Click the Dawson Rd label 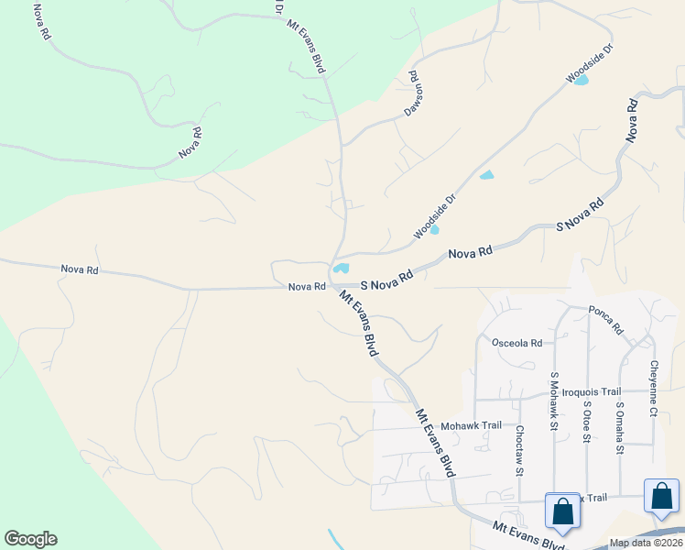coord(414,94)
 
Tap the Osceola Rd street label coord(517,343)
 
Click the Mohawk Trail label coord(471,425)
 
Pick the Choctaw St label coord(518,450)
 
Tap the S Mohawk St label coord(554,401)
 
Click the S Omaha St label coord(620,427)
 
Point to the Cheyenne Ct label coord(654,388)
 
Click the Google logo coord(30,539)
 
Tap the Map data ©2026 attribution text coord(646,543)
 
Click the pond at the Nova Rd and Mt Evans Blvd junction coord(341,269)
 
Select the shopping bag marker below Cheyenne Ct coord(661,496)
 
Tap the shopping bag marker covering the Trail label coord(562,511)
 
